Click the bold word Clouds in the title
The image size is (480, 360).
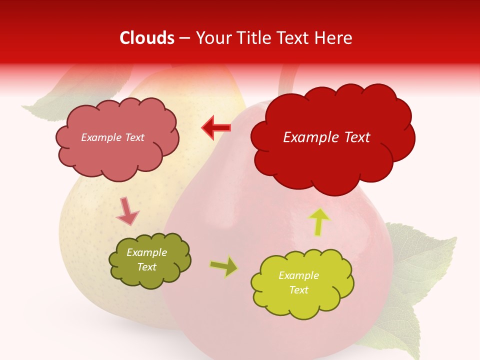pyautogui.click(x=146, y=38)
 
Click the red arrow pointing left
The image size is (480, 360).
pyautogui.click(x=216, y=128)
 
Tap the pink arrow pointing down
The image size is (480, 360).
pyautogui.click(x=127, y=211)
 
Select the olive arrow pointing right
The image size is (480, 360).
pyautogui.click(x=224, y=266)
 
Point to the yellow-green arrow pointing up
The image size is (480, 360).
pyautogui.click(x=319, y=221)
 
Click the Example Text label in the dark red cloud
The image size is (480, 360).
pyautogui.click(x=326, y=137)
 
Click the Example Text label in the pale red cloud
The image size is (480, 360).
pyautogui.click(x=112, y=137)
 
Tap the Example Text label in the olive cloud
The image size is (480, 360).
pyautogui.click(x=147, y=259)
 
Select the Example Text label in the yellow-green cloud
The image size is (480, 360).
pyautogui.click(x=298, y=282)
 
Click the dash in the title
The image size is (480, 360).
pyautogui.click(x=184, y=38)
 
